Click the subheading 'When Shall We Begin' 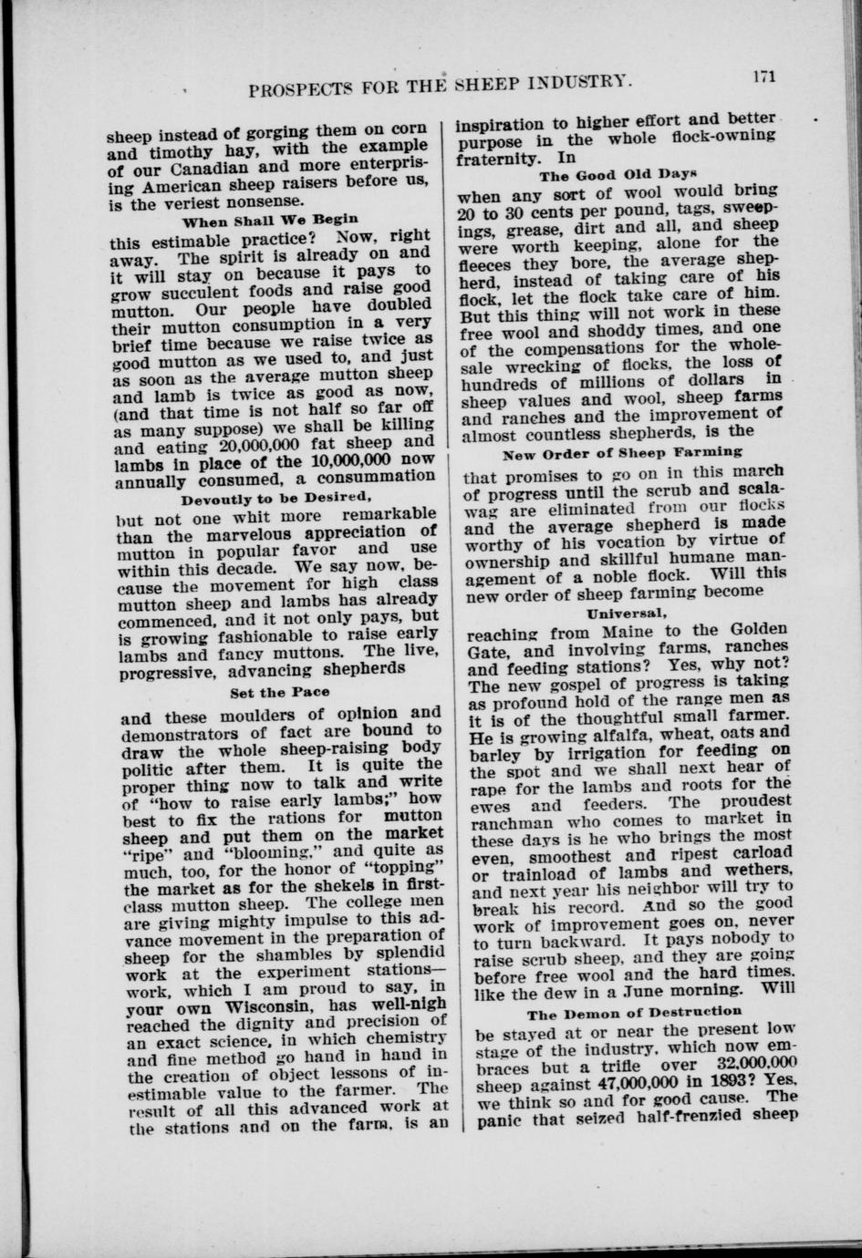tap(270, 221)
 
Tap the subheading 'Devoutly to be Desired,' tap(275, 499)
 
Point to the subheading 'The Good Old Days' tap(618, 174)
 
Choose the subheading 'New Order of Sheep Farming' tap(622, 451)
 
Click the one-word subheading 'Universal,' tap(620, 613)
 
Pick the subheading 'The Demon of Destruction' tap(634, 1011)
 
